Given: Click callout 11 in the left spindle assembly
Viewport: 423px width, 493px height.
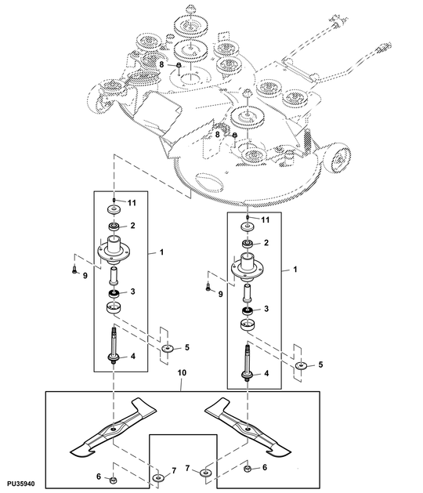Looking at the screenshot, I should [x=132, y=203].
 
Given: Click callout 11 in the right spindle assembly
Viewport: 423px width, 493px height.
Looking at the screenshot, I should [x=265, y=219].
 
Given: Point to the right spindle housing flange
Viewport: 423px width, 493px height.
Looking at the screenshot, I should [x=248, y=269].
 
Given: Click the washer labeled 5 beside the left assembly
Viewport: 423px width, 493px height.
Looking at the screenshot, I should [x=167, y=347].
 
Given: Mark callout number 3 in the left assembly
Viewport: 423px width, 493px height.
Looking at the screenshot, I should [x=133, y=292].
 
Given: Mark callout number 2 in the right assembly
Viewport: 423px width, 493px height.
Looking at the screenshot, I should [x=266, y=244].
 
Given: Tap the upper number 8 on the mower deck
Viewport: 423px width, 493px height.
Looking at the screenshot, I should [x=162, y=64].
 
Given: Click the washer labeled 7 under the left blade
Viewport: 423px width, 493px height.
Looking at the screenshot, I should [x=161, y=477].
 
